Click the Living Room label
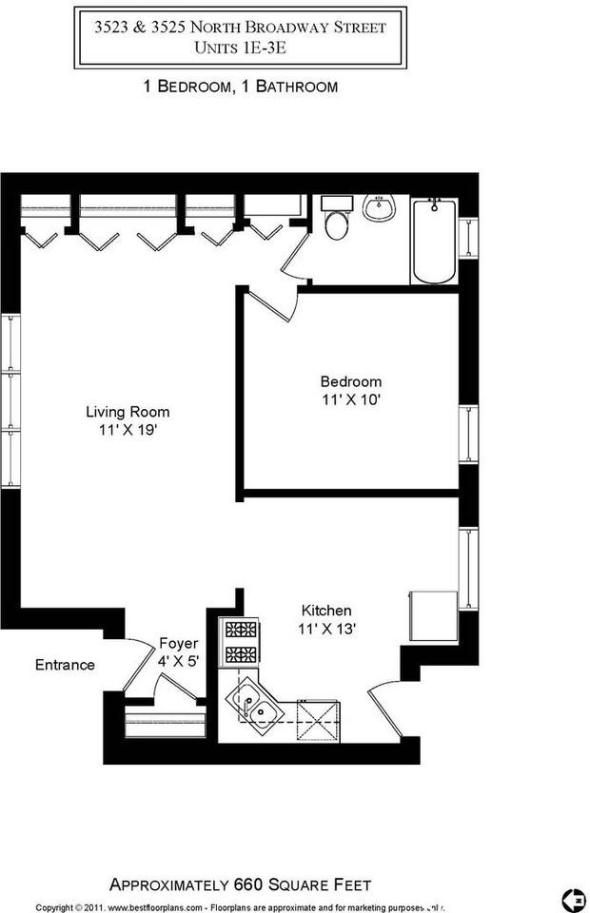point(128,412)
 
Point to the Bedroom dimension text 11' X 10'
point(350,400)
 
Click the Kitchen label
point(326,611)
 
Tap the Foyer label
point(178,643)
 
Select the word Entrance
point(65,665)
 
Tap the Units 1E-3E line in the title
point(240,47)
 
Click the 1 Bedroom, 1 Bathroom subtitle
point(240,87)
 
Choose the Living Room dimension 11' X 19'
point(128,430)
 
